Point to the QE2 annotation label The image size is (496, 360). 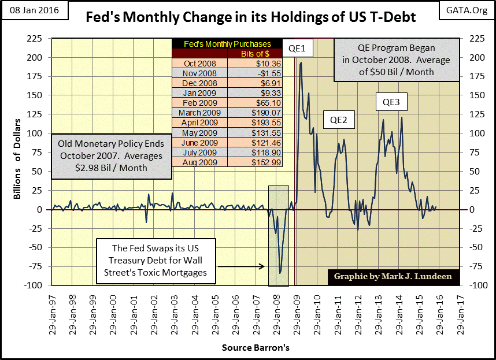338,120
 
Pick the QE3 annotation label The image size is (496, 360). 391,103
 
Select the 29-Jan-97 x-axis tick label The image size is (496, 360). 52,311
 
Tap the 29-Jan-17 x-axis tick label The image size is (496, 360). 462,311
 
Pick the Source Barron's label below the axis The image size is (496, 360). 255,348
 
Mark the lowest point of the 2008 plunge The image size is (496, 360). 280,273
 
